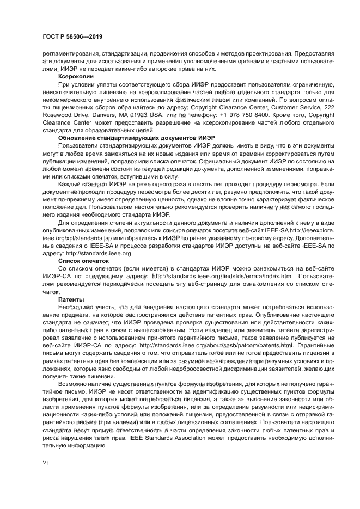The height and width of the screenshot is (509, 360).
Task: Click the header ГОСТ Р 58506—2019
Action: [x=72, y=36]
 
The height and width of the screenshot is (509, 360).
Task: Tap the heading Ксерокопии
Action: [x=75, y=77]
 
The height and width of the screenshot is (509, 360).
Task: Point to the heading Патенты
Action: [x=71, y=299]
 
